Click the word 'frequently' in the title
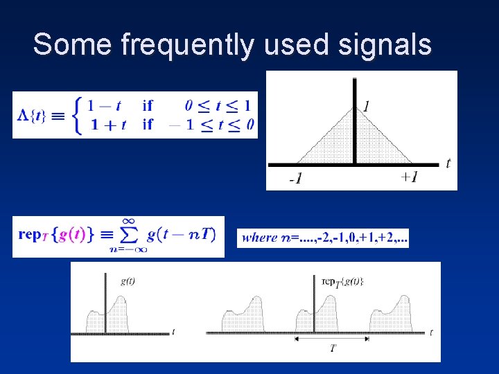pos(186,46)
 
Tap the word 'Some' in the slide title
pos(72,44)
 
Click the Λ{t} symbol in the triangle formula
pos(32,115)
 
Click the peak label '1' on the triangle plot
pos(365,106)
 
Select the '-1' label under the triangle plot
pos(295,179)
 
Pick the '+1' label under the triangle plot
pos(409,177)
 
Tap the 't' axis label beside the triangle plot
pos(448,164)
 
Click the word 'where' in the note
pos(260,238)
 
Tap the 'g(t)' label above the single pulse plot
pos(128,280)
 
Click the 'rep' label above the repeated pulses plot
pos(331,280)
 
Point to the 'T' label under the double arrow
pos(333,349)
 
